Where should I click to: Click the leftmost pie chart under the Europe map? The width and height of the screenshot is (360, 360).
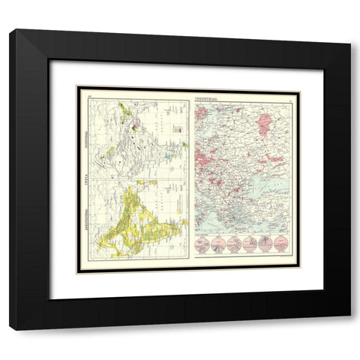(x=202, y=243)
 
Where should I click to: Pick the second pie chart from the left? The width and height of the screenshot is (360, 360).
(x=218, y=243)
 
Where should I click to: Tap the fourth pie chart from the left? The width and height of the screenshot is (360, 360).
(x=250, y=243)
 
